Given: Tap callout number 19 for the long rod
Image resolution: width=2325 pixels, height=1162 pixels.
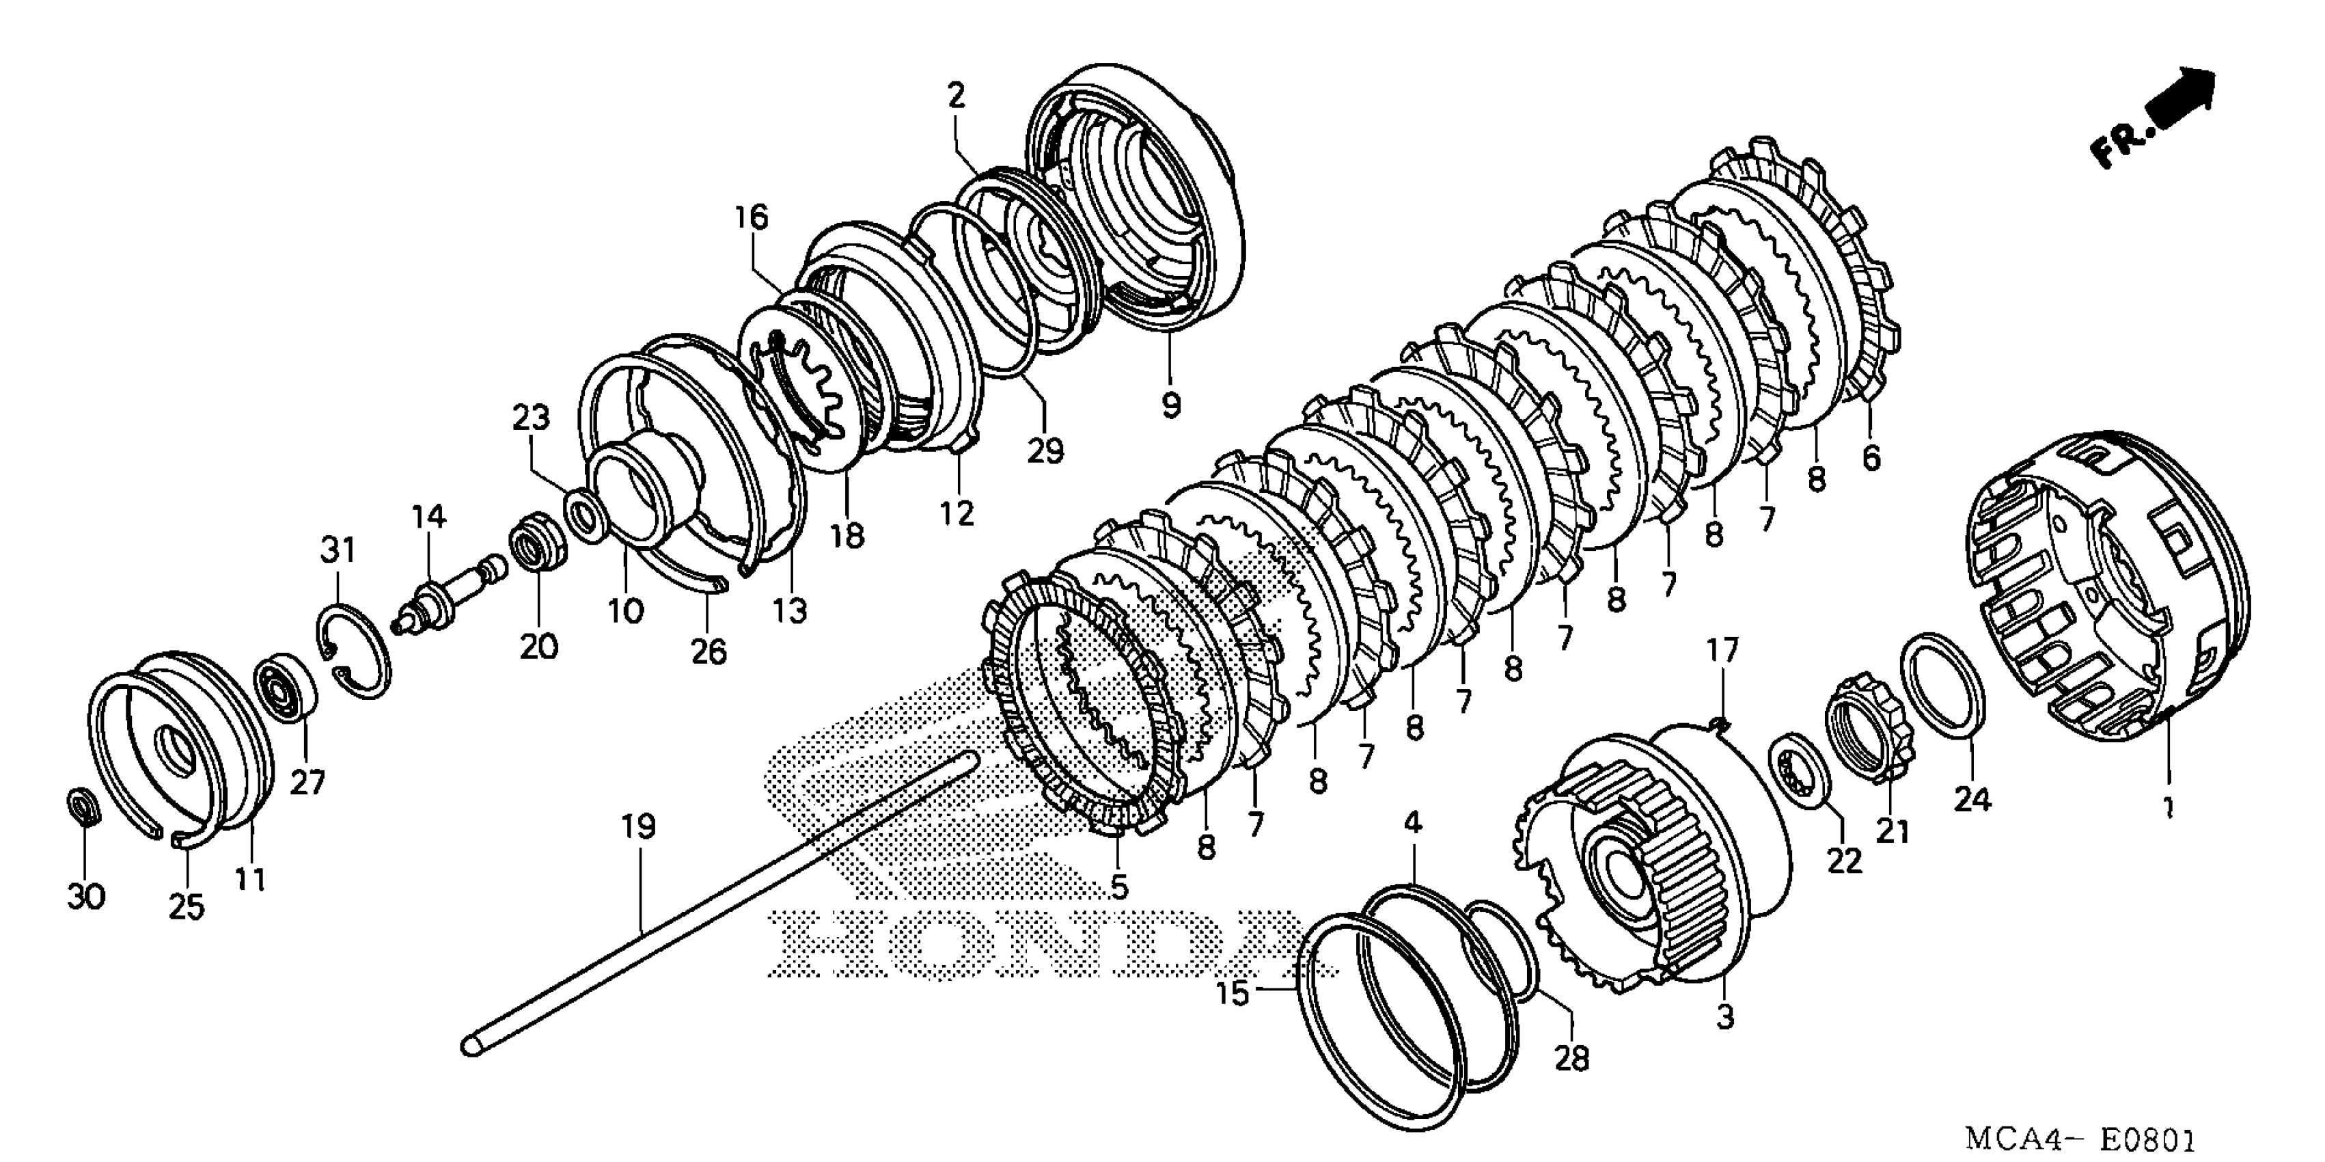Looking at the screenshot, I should click(x=638, y=827).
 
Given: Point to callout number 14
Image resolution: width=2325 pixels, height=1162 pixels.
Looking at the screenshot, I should click(x=428, y=518).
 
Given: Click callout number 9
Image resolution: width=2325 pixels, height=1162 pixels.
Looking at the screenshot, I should click(x=1170, y=405).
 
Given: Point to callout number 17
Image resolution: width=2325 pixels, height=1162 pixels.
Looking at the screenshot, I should click(x=1721, y=651).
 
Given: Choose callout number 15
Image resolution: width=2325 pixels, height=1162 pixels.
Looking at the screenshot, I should click(x=1232, y=994).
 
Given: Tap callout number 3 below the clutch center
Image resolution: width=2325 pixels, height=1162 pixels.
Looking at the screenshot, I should click(x=1725, y=1018).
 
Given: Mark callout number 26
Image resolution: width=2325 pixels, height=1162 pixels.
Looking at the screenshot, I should click(x=708, y=651).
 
